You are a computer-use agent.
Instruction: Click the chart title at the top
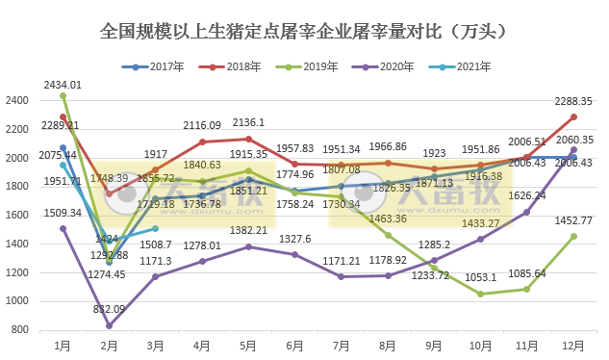[x=304, y=31]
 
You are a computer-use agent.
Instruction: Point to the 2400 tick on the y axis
[x=17, y=99]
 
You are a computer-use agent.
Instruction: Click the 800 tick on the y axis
[x=20, y=330]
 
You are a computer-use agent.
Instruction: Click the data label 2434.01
[x=63, y=85]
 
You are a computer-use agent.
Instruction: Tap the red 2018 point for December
[x=574, y=116]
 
